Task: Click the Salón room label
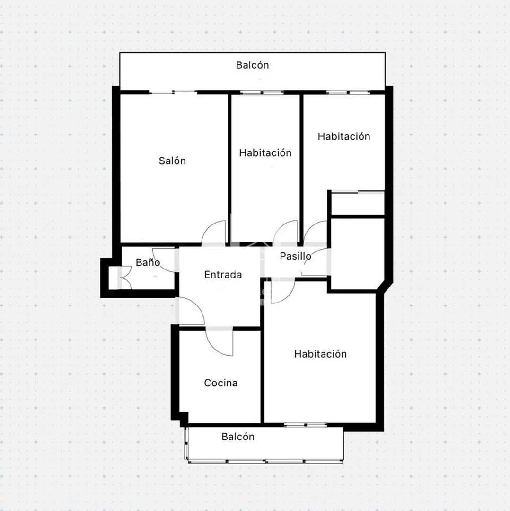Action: click(172, 161)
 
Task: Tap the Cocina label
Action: click(220, 383)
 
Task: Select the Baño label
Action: click(148, 262)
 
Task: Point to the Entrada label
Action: click(223, 275)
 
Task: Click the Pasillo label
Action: click(296, 256)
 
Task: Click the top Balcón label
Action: click(252, 65)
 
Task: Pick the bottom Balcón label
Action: click(238, 437)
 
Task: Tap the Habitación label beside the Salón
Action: click(265, 153)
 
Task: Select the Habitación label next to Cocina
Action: click(320, 354)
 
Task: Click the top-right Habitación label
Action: click(344, 136)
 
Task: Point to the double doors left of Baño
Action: click(126, 278)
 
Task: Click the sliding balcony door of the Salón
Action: click(174, 92)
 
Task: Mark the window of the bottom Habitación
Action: click(305, 425)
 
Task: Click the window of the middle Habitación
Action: click(262, 92)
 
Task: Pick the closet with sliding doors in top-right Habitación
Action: click(358, 203)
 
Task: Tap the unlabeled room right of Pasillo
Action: click(358, 253)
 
